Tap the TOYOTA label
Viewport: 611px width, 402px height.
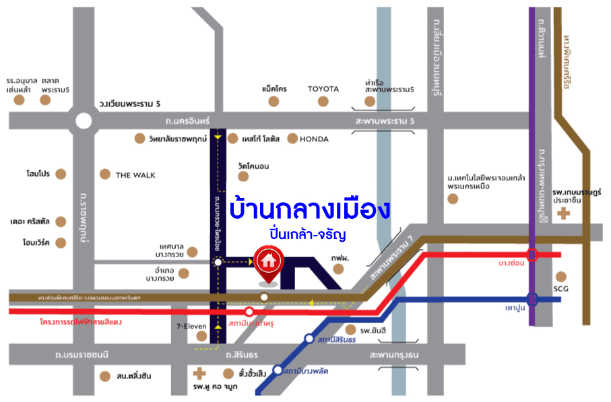[x=323, y=89]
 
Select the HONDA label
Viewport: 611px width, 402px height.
[x=315, y=139]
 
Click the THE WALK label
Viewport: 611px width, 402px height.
[x=135, y=175]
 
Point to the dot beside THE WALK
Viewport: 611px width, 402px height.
[x=104, y=174]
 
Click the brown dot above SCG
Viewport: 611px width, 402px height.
[x=562, y=276]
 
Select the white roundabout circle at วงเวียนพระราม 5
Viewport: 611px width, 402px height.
[x=84, y=121]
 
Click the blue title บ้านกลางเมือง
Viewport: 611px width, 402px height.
[x=310, y=209]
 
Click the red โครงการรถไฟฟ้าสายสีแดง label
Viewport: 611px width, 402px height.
[x=80, y=322]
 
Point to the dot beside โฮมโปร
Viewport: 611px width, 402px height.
[x=61, y=174]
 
